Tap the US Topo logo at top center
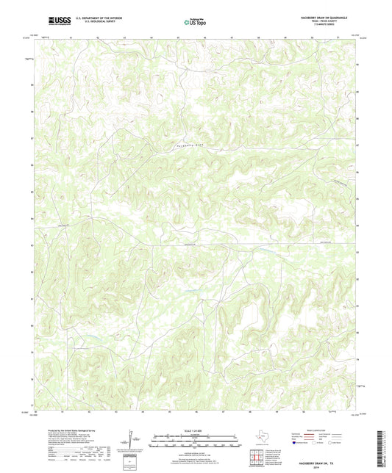(x=195, y=23)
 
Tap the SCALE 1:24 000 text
(x=196, y=431)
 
